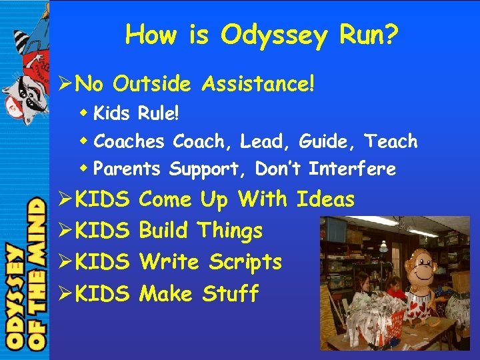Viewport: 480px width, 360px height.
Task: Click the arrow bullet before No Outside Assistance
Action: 64,85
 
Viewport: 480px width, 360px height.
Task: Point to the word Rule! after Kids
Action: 159,113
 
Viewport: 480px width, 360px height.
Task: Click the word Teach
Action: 392,141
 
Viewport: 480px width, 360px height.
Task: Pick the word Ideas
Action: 325,199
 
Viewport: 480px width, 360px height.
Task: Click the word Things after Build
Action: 230,231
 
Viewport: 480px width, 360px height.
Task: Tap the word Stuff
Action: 230,293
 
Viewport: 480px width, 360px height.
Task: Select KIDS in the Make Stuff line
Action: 102,293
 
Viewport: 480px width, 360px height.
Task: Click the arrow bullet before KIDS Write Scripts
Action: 64,263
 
